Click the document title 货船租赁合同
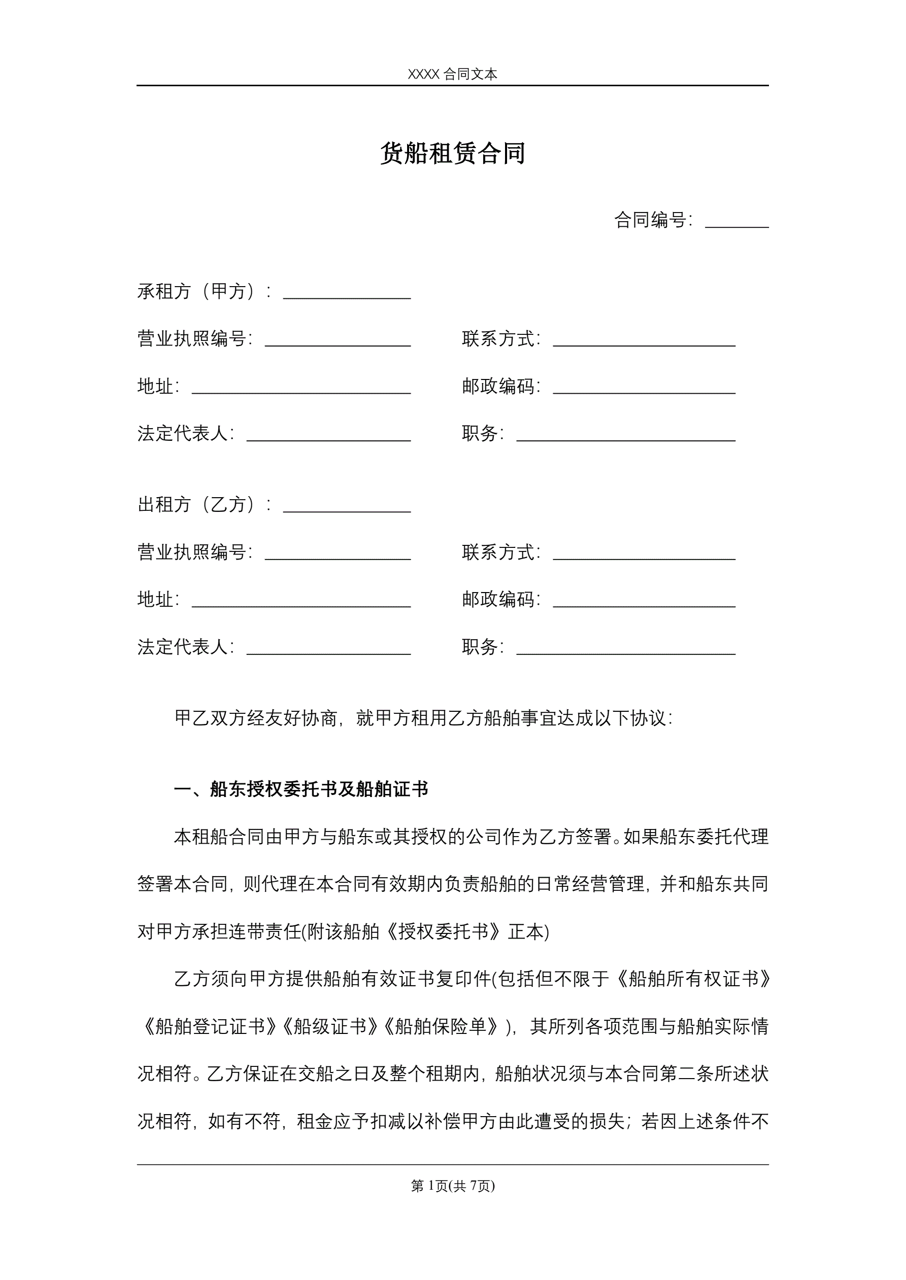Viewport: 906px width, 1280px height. coord(452,153)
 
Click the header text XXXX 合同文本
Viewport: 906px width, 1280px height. coord(452,74)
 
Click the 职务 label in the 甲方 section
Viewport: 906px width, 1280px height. coord(480,433)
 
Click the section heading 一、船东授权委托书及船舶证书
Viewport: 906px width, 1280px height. coord(301,789)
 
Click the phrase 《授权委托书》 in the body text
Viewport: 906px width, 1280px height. coord(444,931)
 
